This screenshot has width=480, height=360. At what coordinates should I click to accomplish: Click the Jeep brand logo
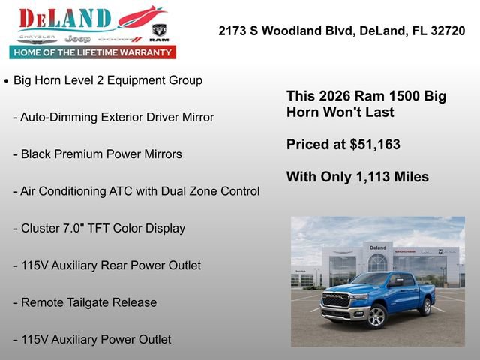point(77,38)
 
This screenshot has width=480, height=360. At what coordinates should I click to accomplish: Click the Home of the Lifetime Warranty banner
point(93,52)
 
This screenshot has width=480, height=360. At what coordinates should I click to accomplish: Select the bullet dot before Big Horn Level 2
point(7,81)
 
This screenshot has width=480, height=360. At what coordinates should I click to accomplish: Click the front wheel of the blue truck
point(376,316)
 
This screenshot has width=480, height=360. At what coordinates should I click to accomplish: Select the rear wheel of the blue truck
point(426,307)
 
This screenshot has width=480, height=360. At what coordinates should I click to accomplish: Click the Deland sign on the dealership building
point(377,247)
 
